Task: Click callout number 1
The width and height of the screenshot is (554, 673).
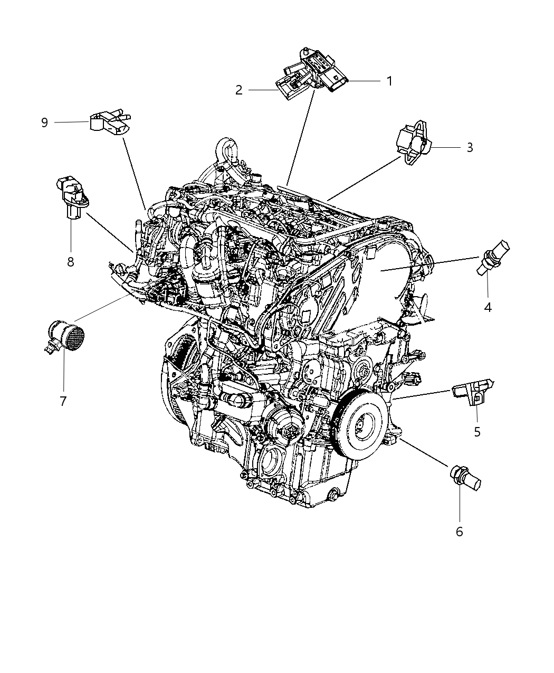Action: (389, 81)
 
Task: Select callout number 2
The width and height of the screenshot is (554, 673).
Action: (239, 90)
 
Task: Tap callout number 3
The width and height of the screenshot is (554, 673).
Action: (470, 147)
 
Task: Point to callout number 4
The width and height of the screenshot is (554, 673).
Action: (488, 307)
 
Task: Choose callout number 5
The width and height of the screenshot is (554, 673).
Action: (477, 432)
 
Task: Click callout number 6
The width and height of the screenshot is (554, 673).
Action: (459, 532)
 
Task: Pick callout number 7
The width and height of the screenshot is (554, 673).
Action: (63, 401)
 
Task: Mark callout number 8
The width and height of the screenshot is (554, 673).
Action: (71, 261)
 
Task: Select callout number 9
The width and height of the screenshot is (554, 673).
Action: (44, 122)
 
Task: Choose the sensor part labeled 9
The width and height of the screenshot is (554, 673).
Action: (110, 122)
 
